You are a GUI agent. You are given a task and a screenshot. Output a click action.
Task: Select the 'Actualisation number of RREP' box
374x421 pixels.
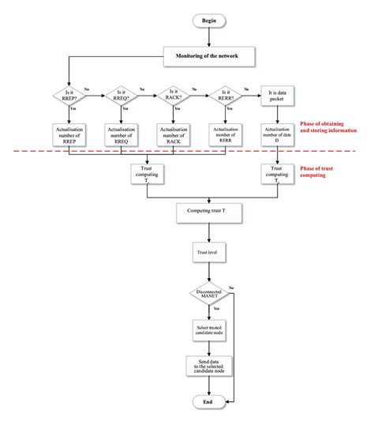pos(70,133)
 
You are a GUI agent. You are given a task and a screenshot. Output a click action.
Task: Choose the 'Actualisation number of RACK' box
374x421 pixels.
pos(174,133)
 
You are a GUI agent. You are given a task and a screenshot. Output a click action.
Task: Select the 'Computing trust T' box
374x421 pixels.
pos(208,213)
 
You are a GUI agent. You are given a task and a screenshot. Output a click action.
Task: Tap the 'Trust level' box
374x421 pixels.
pos(208,254)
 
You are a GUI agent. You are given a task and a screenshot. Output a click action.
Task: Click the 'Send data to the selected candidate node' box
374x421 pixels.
pos(208,366)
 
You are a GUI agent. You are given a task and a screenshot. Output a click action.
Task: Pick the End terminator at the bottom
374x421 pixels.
pos(208,402)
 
